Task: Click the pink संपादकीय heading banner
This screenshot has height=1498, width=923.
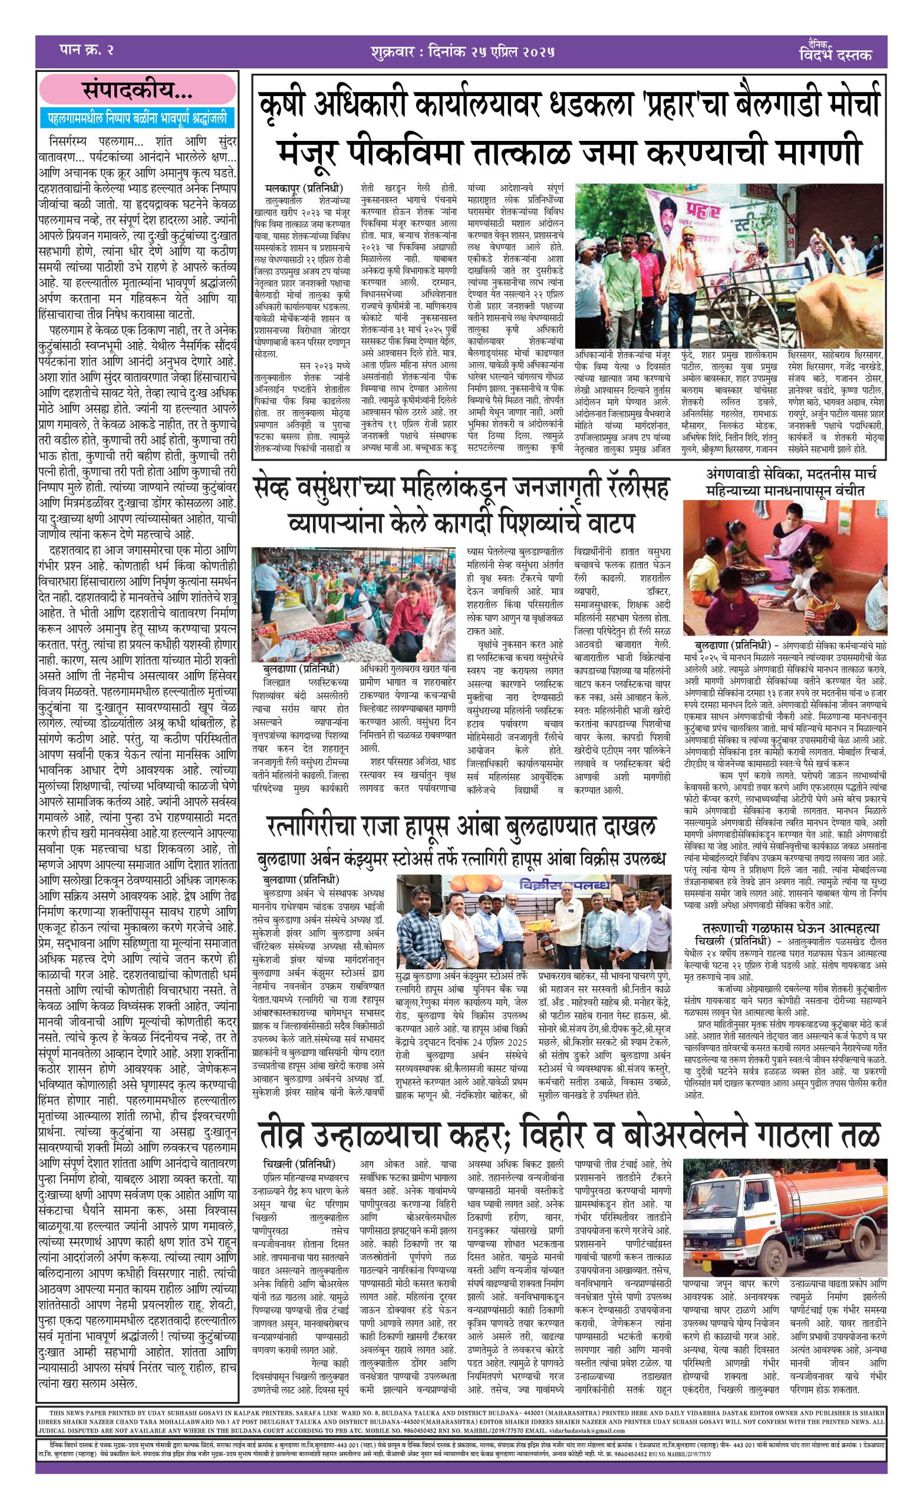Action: [137, 91]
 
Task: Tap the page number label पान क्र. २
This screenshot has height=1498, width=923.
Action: [87, 50]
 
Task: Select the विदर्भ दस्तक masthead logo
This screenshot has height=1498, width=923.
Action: [835, 52]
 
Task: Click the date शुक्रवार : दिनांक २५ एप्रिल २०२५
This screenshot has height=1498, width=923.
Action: [462, 51]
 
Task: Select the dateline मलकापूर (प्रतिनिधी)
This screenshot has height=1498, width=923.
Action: [304, 188]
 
